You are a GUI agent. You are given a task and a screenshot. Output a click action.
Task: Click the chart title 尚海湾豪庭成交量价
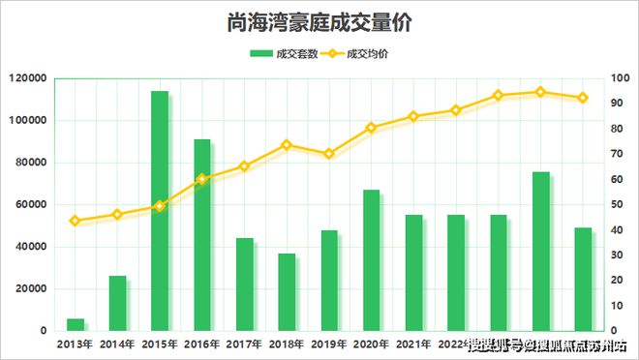pyautogui.click(x=319, y=21)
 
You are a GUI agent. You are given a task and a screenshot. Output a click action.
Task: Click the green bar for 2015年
pyautogui.click(x=160, y=211)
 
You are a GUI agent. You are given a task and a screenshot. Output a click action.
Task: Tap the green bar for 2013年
pyautogui.click(x=75, y=324)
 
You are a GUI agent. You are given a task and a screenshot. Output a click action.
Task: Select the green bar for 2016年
pyautogui.click(x=202, y=235)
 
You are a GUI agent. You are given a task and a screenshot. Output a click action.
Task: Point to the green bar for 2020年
pyautogui.click(x=372, y=260)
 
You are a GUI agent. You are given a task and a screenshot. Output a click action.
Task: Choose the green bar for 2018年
pyautogui.click(x=287, y=292)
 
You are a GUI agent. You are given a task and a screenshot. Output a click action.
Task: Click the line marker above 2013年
pyautogui.click(x=75, y=221)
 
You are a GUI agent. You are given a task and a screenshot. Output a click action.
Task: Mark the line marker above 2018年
pyautogui.click(x=287, y=145)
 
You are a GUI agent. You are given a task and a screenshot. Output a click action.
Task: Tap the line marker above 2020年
pyautogui.click(x=372, y=128)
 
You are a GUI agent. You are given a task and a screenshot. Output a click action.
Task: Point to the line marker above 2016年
pyautogui.click(x=202, y=179)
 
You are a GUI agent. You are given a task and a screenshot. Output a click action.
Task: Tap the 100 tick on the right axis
pyautogui.click(x=620, y=78)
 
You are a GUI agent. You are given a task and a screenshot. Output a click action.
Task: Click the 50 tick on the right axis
pyautogui.click(x=618, y=204)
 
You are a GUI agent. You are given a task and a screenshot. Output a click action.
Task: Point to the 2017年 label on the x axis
pyautogui.click(x=244, y=345)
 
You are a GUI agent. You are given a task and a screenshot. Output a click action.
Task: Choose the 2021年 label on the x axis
pyautogui.click(x=414, y=345)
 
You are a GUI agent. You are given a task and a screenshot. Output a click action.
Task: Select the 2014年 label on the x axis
pyautogui.click(x=117, y=345)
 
